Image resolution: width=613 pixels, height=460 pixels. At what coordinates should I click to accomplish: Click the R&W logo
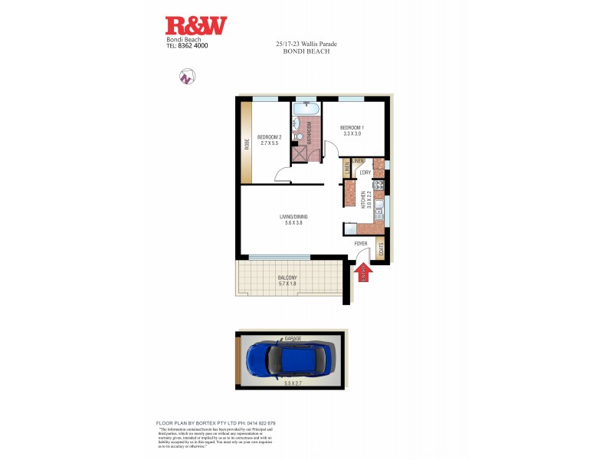coord(196,26)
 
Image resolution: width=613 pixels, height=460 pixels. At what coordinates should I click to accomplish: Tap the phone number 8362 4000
coord(192,46)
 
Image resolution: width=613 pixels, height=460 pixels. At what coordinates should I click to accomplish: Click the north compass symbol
coord(185,76)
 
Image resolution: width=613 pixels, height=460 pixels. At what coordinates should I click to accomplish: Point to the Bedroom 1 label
coord(352,127)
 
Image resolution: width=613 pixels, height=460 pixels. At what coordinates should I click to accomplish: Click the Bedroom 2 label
coord(270,137)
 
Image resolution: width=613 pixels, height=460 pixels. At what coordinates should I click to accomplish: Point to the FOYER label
coord(361,244)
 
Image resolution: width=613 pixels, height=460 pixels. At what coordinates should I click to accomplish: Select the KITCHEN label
coord(362,199)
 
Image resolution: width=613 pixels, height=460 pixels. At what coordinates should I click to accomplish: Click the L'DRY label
coord(365,172)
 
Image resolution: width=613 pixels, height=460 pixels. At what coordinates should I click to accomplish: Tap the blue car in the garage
coord(290,359)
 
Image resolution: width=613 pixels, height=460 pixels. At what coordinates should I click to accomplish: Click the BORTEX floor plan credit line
coord(215,423)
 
